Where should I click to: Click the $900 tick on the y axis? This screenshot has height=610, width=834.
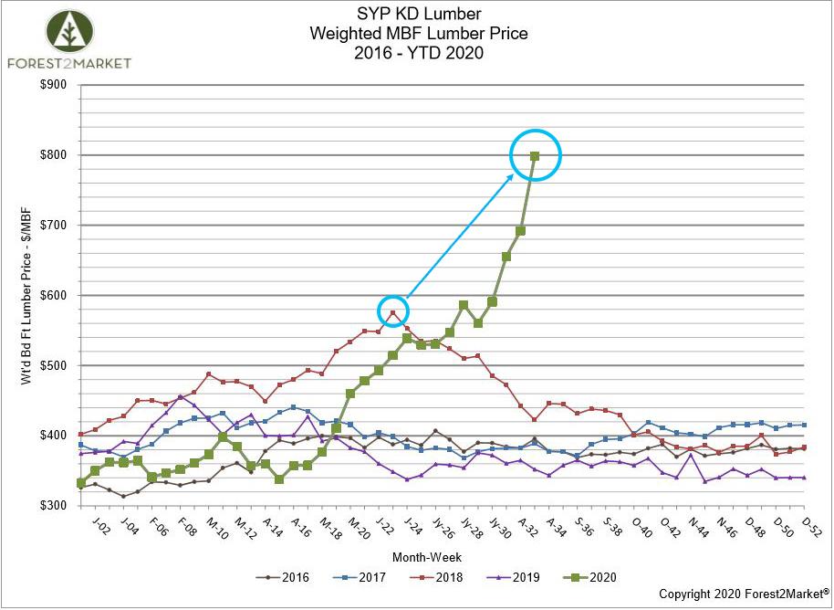pos(54,85)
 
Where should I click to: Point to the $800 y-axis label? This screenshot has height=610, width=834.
pos(54,155)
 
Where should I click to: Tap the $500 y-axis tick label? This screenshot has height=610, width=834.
pos(54,365)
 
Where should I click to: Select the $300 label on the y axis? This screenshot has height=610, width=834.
pos(54,505)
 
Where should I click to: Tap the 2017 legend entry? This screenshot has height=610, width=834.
pos(362,577)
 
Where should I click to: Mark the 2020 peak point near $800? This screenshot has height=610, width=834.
pos(535,155)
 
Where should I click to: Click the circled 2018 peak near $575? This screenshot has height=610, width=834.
pos(393,312)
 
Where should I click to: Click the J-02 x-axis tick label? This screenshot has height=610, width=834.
pos(100,527)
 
